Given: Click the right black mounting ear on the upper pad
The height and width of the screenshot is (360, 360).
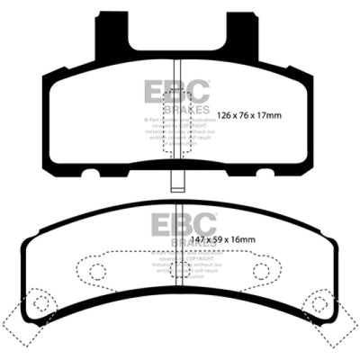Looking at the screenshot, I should (244, 33).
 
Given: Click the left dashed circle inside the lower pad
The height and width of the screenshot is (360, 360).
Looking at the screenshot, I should (94, 270).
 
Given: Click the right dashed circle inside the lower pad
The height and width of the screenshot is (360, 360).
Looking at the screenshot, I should (262, 270).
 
